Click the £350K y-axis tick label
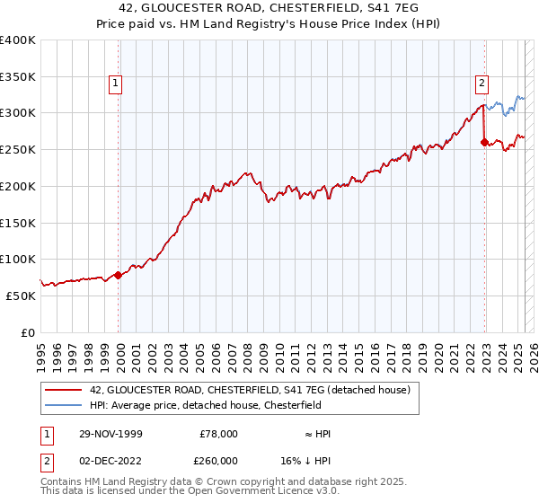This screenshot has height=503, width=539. click(17, 76)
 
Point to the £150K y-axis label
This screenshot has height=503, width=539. click(17, 222)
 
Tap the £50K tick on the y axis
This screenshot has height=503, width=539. click(21, 295)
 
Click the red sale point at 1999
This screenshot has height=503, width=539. click(118, 275)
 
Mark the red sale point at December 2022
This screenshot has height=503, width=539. click(484, 142)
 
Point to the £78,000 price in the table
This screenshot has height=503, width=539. click(218, 434)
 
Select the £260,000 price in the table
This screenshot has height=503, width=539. click(218, 459)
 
